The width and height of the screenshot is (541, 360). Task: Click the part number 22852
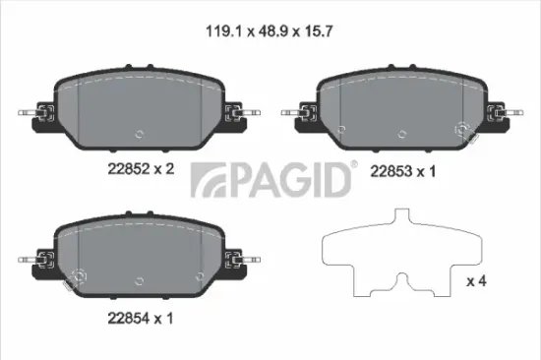click(x=126, y=168)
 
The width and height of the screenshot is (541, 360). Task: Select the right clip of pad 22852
click(x=237, y=113)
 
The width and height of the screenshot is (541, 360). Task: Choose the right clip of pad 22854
click(x=237, y=261)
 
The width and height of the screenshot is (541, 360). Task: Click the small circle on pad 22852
click(x=140, y=135)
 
